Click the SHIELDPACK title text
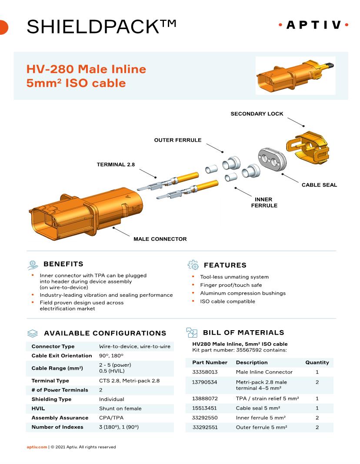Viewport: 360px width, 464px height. (x=101, y=27)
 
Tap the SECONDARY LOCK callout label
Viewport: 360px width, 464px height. (x=257, y=114)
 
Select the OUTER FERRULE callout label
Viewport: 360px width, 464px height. (x=178, y=140)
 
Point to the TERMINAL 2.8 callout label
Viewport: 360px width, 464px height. (x=116, y=165)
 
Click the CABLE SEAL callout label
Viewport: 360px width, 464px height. (x=319, y=185)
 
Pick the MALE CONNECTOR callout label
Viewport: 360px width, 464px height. (x=160, y=239)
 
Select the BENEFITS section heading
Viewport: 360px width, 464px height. (x=63, y=264)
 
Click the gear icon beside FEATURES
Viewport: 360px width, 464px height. (x=193, y=265)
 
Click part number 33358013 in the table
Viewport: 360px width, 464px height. (x=205, y=372)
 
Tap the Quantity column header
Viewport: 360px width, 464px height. (x=317, y=362)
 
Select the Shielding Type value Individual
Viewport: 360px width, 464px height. (x=111, y=399)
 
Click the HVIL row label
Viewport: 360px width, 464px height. (x=38, y=408)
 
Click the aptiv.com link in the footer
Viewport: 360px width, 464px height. (x=37, y=447)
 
